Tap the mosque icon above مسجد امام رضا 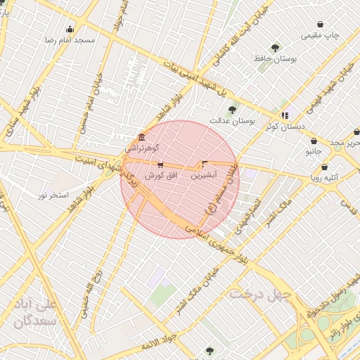pos(69,30)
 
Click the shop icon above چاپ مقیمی pos(321,24)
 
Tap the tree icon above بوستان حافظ pos(275,48)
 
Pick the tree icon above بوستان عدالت pos(232,110)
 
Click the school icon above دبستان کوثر pos(285,115)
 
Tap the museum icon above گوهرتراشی pos(142,136)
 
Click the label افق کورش pos(160,175)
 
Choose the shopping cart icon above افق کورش pos(160,165)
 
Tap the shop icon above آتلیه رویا pos(324,167)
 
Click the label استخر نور pos(53,194)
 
